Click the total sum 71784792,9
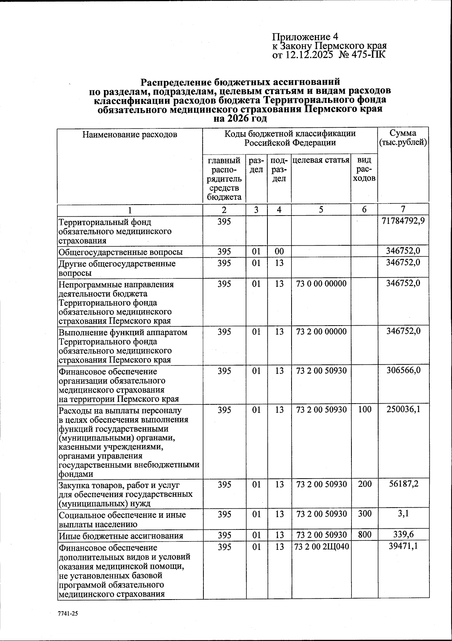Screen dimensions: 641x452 (x=403, y=221)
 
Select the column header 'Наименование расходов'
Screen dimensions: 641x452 (x=130, y=134)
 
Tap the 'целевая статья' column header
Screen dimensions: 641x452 (x=321, y=160)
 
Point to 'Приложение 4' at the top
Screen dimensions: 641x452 (x=305, y=37)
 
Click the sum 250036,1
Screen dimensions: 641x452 (x=403, y=409)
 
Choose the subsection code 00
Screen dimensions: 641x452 (x=279, y=251)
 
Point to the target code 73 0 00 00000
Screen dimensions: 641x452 (x=321, y=283)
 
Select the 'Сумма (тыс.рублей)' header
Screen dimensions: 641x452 (x=403, y=138)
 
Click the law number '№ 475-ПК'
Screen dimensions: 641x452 (x=362, y=55)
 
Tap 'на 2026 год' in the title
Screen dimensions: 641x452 (x=240, y=119)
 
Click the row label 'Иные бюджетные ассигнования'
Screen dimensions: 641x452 (x=121, y=535)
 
